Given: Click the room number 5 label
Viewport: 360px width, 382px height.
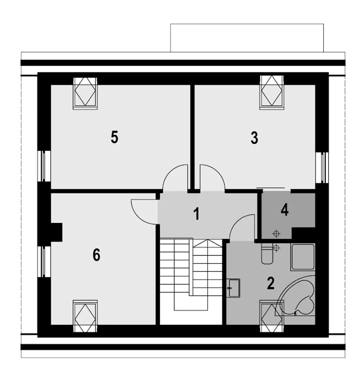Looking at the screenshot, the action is point(114,137).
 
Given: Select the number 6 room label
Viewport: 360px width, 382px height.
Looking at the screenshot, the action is point(96,255).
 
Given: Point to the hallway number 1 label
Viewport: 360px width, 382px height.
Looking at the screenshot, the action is point(196,214).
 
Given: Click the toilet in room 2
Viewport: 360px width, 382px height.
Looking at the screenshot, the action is point(267,253).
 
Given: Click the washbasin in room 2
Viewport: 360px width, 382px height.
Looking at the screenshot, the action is point(233,288).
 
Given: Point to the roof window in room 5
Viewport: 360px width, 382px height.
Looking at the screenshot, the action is point(85,94).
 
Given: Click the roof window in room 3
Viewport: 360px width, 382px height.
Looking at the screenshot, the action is point(272,92).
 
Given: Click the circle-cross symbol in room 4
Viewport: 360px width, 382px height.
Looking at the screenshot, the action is point(276,233).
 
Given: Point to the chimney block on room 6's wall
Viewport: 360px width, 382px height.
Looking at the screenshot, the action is point(57,232).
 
